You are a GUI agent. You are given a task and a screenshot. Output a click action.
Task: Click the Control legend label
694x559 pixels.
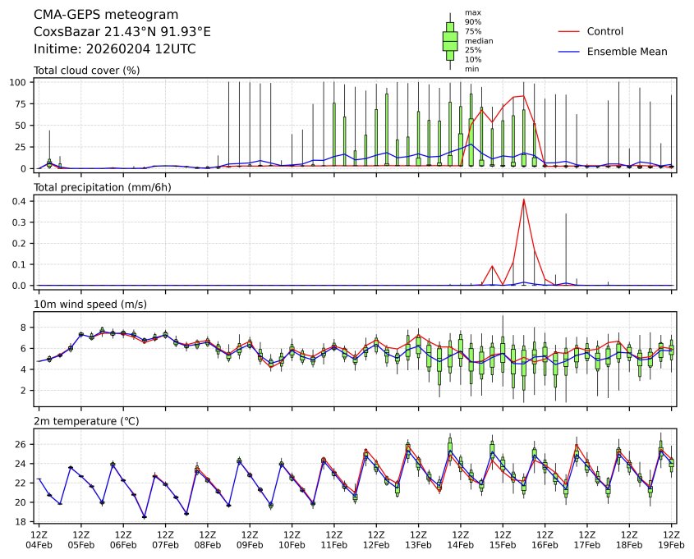(605, 31)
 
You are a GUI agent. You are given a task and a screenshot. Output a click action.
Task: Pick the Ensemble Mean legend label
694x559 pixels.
(627, 52)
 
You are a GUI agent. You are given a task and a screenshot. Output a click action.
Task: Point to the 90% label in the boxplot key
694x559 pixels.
(471, 21)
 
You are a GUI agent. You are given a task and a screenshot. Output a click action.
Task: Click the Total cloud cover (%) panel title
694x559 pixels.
(86, 71)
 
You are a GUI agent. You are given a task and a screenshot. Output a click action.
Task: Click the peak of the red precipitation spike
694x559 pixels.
(523, 199)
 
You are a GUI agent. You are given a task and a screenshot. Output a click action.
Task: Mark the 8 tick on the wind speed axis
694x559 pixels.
(25, 328)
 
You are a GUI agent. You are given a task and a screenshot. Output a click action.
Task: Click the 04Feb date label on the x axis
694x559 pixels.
(38, 544)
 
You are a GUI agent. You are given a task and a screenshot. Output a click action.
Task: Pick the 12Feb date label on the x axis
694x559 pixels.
(376, 544)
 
